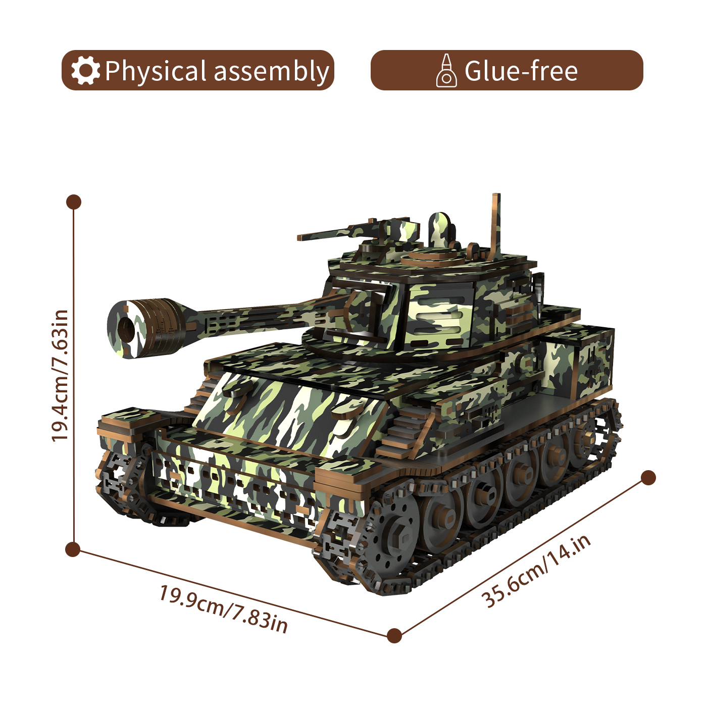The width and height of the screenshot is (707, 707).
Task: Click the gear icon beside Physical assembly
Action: (85, 71)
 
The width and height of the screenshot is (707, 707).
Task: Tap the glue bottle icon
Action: (446, 71)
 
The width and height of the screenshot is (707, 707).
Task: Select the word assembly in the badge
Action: (271, 72)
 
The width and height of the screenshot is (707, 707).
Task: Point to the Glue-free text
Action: (521, 71)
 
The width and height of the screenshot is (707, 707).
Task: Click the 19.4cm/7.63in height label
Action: (60, 376)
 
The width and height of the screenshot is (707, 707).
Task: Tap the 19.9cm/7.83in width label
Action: (223, 609)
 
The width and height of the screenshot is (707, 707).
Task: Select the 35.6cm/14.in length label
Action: (536, 571)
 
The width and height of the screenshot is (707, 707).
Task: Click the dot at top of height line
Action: (74, 202)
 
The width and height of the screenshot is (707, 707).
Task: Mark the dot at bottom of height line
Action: (73, 549)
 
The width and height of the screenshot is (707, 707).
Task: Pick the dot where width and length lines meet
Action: (394, 635)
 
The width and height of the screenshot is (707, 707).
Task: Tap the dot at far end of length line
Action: (648, 478)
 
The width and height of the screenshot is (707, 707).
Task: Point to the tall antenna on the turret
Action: (496, 222)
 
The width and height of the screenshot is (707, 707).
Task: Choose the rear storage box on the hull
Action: (581, 364)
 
